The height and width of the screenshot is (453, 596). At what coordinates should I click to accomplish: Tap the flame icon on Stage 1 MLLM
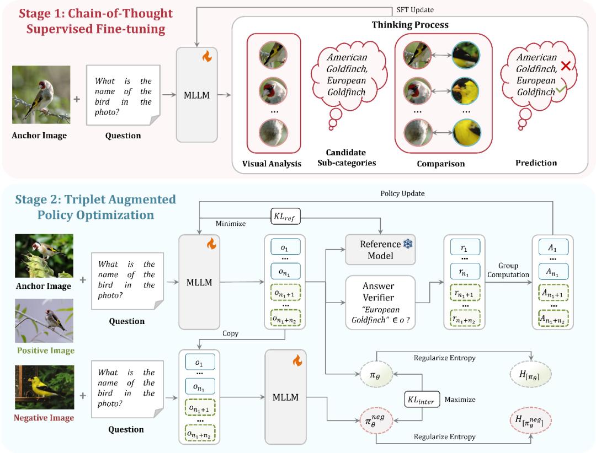[x=206, y=56]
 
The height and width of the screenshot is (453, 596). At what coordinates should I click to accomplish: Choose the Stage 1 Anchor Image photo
[x=41, y=95]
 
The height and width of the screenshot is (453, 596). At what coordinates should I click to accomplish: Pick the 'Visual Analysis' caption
[x=272, y=164]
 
